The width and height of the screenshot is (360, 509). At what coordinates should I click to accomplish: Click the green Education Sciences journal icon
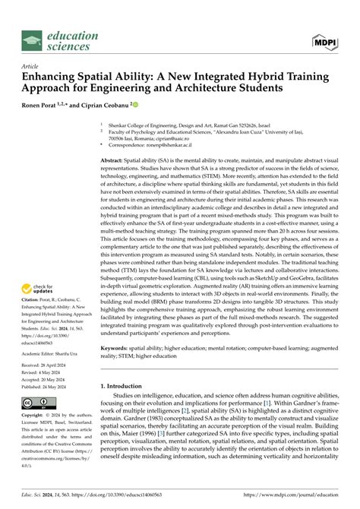coord(31,41)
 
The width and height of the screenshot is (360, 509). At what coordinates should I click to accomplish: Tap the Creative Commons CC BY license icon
coord(38,402)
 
